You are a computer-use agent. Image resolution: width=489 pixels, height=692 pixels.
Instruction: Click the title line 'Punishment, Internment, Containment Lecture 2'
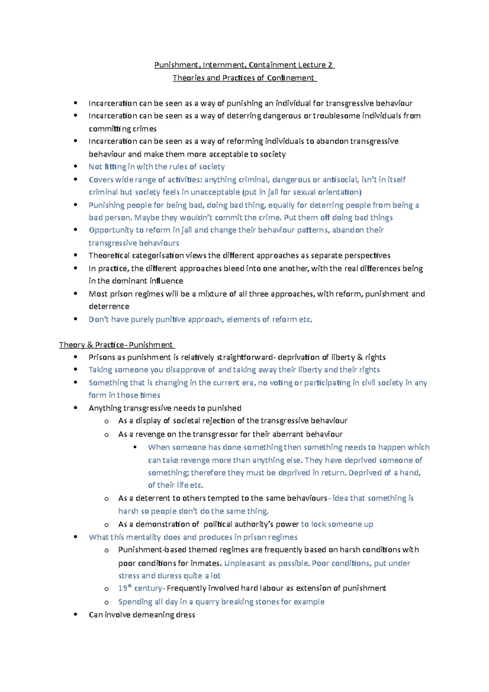pos(244,65)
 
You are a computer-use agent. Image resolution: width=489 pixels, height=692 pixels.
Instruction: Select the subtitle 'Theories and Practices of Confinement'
pos(244,78)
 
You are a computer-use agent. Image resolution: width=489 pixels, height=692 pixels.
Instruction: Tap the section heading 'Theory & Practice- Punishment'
pos(116,345)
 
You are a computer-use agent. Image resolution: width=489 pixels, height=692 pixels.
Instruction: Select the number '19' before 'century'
pos(123,588)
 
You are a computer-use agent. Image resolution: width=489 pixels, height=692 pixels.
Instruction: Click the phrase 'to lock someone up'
pos(337,524)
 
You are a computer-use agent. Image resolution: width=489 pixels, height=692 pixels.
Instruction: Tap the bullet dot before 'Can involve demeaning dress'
pos(75,614)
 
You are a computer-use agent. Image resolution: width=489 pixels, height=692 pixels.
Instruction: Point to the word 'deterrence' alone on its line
pos(109,306)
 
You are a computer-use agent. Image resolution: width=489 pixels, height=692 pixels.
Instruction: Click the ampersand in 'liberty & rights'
pos(359,357)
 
